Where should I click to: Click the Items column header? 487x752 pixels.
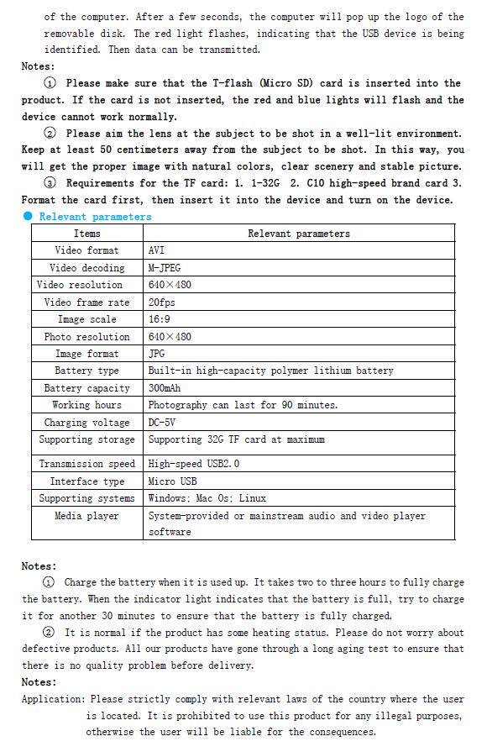[x=86, y=234]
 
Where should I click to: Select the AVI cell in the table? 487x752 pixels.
[x=157, y=250]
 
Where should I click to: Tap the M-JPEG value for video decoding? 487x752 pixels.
[x=166, y=268]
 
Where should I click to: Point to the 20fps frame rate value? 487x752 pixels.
[x=161, y=302]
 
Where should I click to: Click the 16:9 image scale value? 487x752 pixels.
[x=160, y=319]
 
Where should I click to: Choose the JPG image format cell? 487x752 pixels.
[x=157, y=354]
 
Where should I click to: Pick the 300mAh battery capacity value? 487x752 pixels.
[x=165, y=388]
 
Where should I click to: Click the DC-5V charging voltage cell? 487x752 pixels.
[x=162, y=423]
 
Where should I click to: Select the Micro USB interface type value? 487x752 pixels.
[x=172, y=481]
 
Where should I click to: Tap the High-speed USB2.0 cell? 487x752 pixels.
[x=194, y=464]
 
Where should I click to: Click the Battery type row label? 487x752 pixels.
[x=86, y=371]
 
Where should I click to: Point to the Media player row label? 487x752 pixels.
[x=86, y=516]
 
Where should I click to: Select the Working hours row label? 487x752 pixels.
[x=86, y=405]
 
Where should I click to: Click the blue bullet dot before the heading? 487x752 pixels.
[x=28, y=216]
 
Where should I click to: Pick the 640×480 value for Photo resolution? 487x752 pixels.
[x=170, y=337]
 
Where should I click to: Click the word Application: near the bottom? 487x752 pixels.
[x=53, y=699]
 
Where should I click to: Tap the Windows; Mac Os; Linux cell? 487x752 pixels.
[x=207, y=498]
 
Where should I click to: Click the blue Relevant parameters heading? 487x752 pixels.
[x=95, y=217]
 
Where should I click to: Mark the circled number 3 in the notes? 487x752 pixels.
[x=50, y=183]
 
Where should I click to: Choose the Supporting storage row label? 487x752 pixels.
[x=86, y=439]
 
